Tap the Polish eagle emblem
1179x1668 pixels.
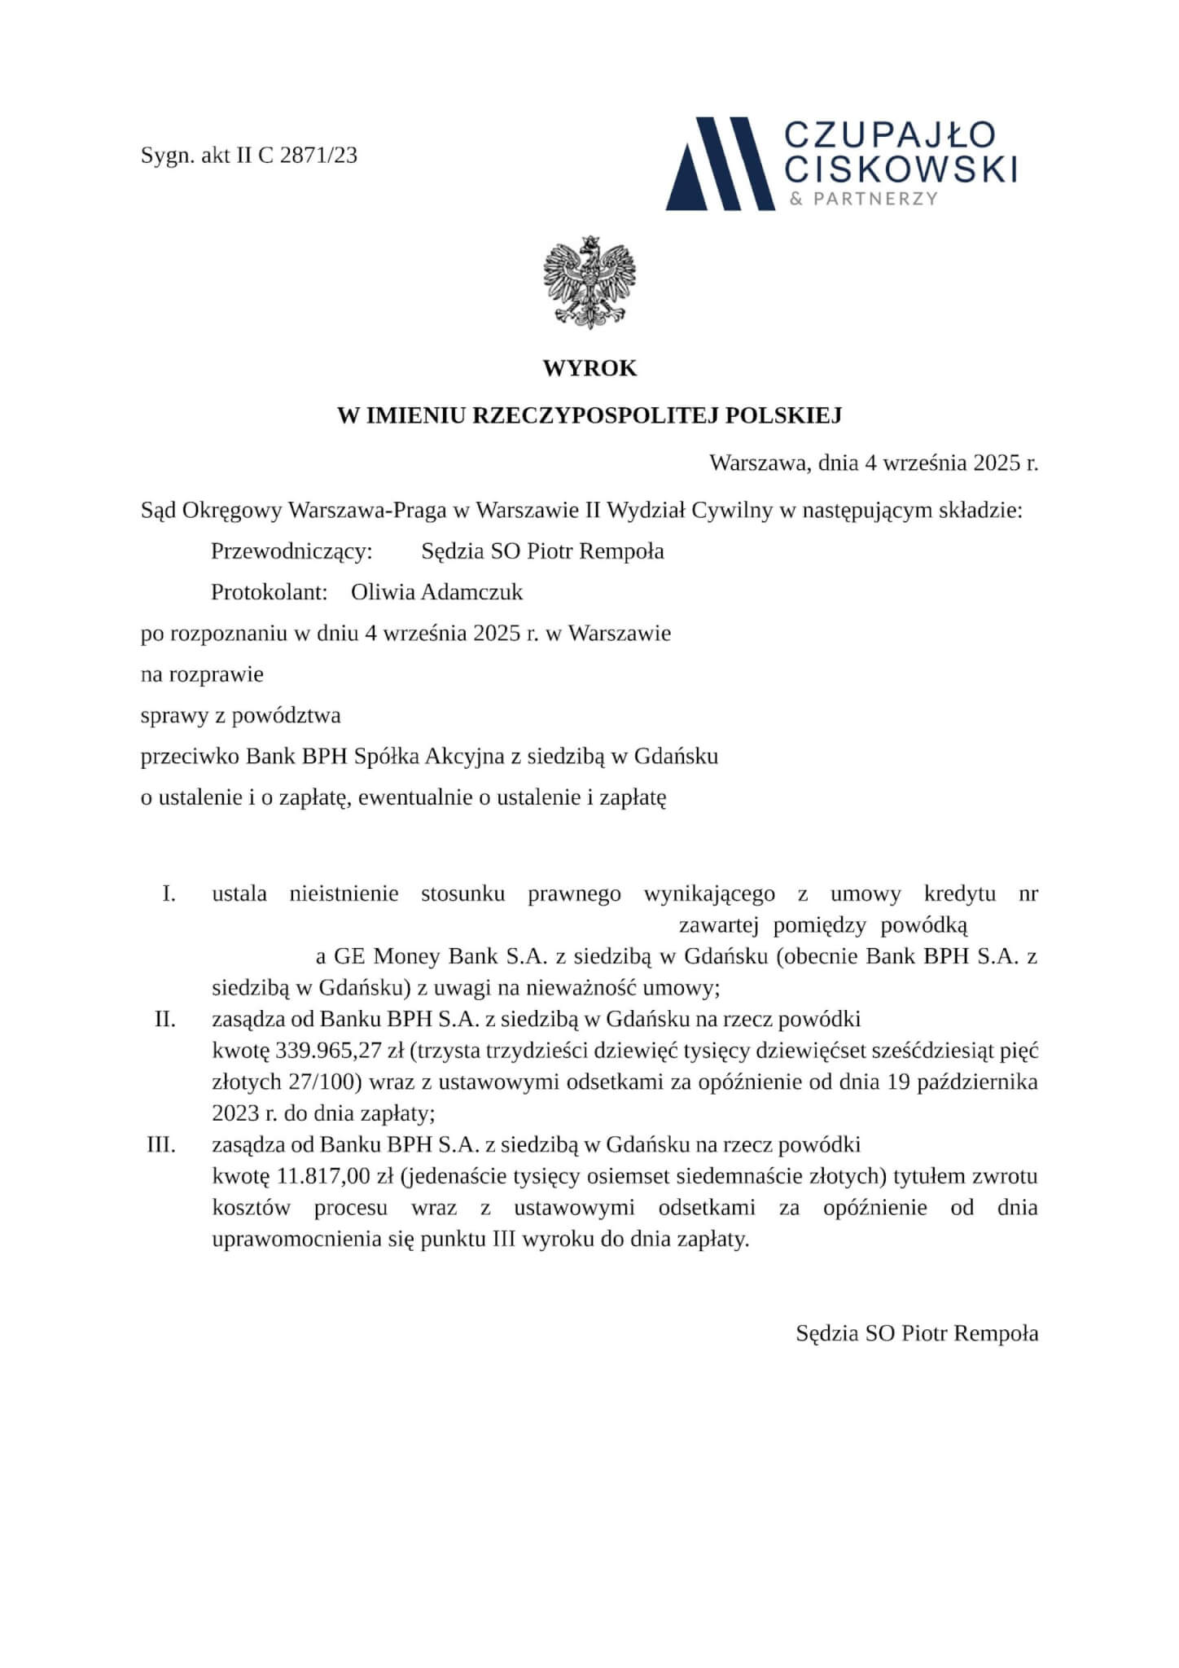pos(589,283)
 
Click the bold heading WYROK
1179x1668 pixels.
pos(589,369)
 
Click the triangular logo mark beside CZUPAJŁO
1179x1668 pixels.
pos(719,163)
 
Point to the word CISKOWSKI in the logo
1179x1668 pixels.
pos(904,169)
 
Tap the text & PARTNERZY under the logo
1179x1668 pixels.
pos(864,198)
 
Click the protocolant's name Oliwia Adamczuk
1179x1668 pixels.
pos(436,592)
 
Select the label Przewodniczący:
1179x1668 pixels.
pos(291,551)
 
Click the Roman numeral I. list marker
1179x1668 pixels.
pos(169,893)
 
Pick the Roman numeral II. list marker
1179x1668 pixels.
pos(165,1019)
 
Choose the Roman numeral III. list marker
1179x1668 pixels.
pos(161,1144)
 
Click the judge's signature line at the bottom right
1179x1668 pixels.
pos(917,1333)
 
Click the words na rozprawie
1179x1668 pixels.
pos(202,674)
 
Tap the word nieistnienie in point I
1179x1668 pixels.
pos(344,893)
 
